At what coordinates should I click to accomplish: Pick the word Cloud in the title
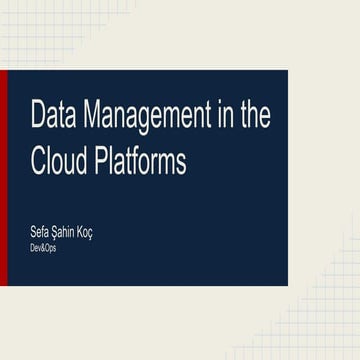click(x=61, y=160)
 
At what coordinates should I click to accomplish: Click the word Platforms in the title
click(x=141, y=160)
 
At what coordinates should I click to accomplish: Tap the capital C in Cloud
click(x=39, y=160)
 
